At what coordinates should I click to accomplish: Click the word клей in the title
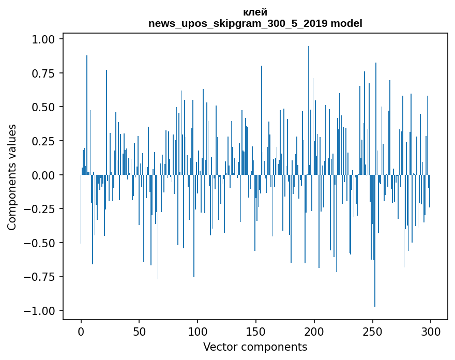click(255, 12)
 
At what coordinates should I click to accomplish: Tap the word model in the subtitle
click(346, 24)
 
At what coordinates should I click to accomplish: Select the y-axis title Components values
click(12, 177)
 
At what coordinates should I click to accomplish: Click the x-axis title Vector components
click(255, 347)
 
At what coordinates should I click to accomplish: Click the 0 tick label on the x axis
click(81, 332)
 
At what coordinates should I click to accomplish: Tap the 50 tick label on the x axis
click(139, 332)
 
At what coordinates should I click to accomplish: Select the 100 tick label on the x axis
click(198, 332)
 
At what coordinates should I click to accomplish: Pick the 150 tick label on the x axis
click(256, 332)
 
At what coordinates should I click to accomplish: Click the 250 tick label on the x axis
click(372, 332)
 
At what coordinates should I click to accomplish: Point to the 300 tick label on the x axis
click(431, 332)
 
